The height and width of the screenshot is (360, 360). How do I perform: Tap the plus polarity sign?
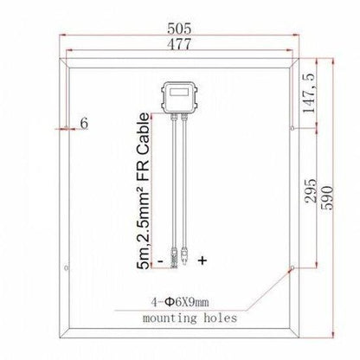click(x=202, y=260)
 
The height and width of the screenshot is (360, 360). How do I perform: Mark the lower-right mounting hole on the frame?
click(x=292, y=269)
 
